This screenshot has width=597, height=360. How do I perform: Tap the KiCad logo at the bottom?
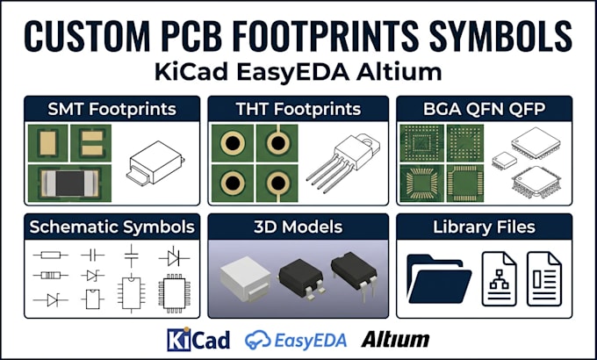198,339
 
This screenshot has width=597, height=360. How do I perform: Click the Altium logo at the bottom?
395,339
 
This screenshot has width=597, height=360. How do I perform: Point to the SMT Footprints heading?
112,110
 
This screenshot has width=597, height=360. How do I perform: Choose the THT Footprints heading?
298,110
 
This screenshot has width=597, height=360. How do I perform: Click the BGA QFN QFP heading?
485,110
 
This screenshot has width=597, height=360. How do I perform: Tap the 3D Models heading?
298,227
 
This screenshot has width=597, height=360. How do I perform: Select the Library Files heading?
485,227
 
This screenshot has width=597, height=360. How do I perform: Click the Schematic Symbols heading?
112,227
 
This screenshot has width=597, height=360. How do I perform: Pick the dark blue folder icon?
439,279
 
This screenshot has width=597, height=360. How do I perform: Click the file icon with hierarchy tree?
500,279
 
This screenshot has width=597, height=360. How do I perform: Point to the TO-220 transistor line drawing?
343,160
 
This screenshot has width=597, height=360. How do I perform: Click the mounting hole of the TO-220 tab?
368,141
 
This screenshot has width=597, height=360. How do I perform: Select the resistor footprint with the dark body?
69,184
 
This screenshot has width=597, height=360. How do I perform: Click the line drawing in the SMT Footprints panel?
155,163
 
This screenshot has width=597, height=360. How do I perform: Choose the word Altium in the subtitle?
399,72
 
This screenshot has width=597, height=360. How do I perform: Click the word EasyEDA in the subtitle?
292,72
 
